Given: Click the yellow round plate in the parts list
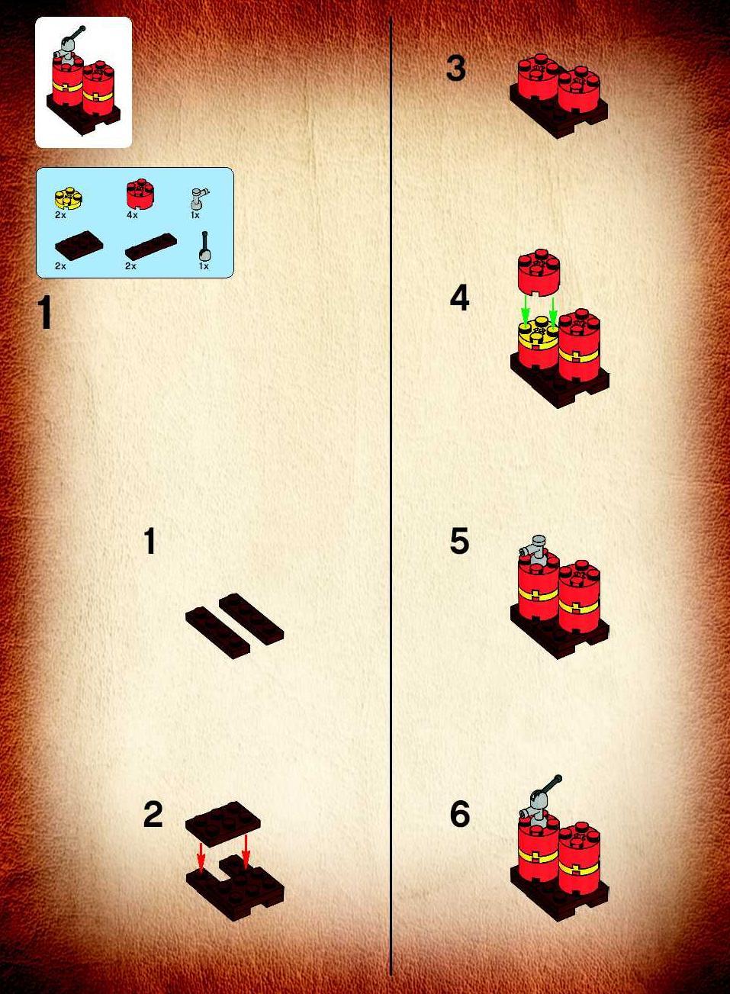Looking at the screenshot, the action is [x=69, y=199].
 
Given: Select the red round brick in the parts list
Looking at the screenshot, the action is [x=140, y=194].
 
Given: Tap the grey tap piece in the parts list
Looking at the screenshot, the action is [x=198, y=198].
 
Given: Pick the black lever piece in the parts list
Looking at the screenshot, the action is [x=204, y=246].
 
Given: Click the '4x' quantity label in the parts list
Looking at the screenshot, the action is [x=132, y=215].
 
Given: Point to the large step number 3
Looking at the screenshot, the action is [x=455, y=69].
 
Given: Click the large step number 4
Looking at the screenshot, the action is [x=459, y=298].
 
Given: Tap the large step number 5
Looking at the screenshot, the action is [x=459, y=541].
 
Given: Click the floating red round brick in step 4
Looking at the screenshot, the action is [x=539, y=271].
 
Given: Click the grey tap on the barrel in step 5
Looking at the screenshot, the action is [x=534, y=548].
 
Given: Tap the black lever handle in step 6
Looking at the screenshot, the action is [x=549, y=786].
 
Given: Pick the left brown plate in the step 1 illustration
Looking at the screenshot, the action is [x=217, y=632].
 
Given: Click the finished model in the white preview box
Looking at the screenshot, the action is [x=83, y=81].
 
